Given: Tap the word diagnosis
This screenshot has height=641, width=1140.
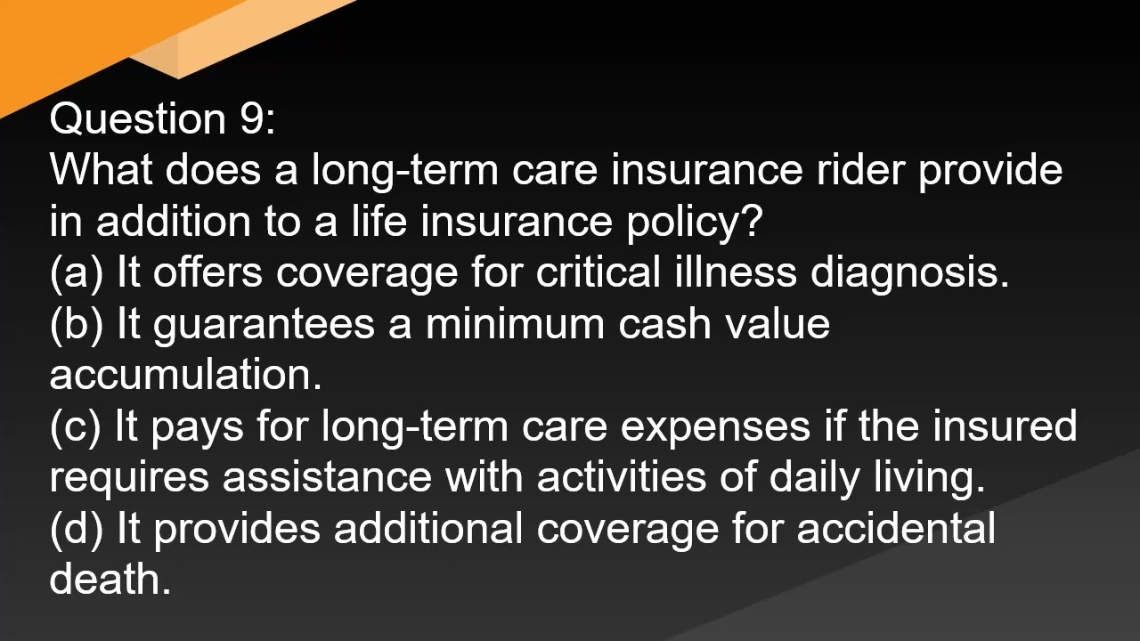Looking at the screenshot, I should click(909, 272).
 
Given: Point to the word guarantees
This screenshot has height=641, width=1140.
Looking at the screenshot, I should click(264, 324).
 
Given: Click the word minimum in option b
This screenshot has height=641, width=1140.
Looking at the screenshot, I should click(515, 324).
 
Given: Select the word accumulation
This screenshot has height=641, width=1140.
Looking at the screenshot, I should click(185, 375).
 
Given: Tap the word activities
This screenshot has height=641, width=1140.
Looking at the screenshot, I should click(620, 477).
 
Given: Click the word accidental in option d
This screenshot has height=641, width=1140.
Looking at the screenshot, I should click(895, 529).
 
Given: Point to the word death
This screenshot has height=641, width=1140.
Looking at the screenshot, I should click(109, 580).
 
